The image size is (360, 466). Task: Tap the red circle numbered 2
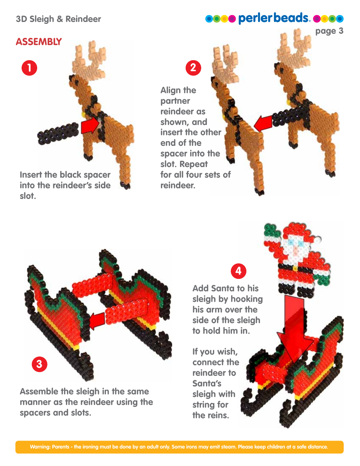pyautogui.click(x=193, y=68)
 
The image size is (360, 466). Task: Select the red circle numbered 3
pyautogui.click(x=39, y=364)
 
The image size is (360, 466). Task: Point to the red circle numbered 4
pyautogui.click(x=238, y=271)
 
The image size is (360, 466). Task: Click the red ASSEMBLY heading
pyautogui.click(x=39, y=42)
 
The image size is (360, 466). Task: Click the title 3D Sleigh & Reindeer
pyautogui.click(x=58, y=19)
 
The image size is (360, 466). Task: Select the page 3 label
pyautogui.click(x=329, y=31)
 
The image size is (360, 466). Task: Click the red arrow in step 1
pyautogui.click(x=90, y=126)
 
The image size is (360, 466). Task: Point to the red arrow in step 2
pyautogui.click(x=263, y=123)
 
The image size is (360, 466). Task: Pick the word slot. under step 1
pyautogui.click(x=28, y=196)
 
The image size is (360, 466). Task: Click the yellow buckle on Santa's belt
pyautogui.click(x=294, y=269)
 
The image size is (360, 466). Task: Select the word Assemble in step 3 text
pyautogui.click(x=39, y=391)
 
